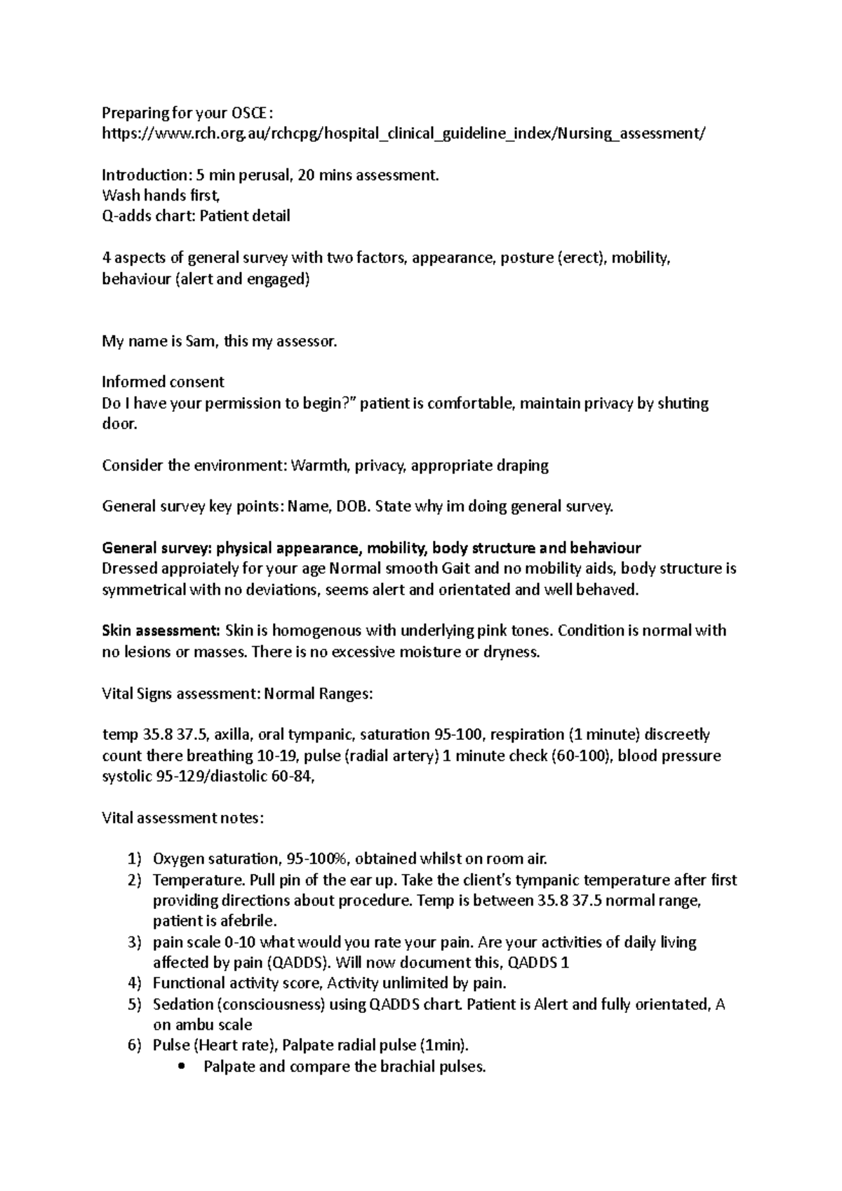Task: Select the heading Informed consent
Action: pyautogui.click(x=163, y=382)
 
